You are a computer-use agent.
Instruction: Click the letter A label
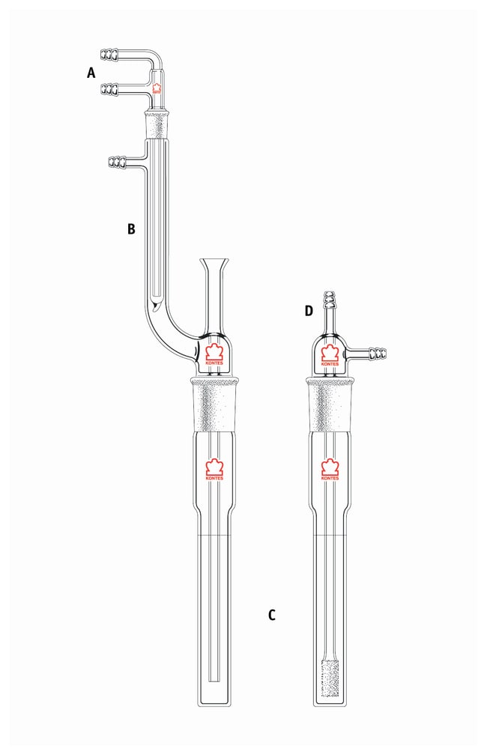[x=91, y=73]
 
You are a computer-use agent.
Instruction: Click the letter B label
[x=131, y=229]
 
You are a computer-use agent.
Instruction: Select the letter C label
[x=272, y=616]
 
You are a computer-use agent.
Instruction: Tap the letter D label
[x=309, y=311]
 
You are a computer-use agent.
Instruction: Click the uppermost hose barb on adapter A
[x=109, y=54]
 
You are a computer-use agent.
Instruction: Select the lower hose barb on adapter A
[x=109, y=90]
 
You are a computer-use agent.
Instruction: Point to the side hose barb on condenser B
[x=118, y=161]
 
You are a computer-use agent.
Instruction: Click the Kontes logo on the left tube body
[x=215, y=470]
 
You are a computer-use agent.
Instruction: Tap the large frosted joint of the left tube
[x=215, y=404]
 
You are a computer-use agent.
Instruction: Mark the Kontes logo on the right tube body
[x=330, y=470]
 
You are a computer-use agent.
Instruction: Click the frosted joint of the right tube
[x=330, y=404]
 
